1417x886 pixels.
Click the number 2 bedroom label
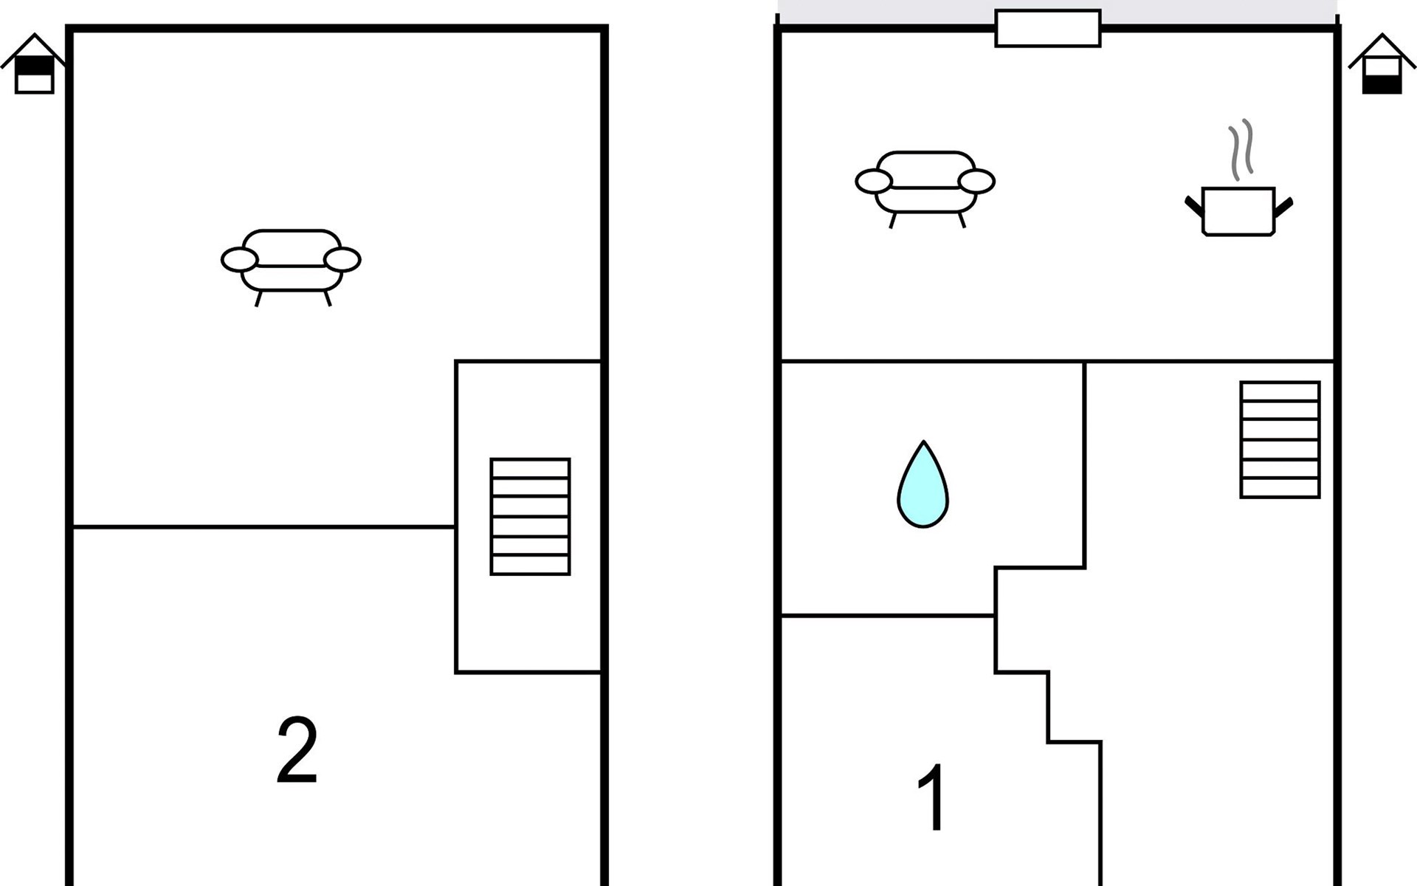297,750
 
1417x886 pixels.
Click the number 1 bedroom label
932,797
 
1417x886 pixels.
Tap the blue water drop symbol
923,485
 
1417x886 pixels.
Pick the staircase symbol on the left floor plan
530,516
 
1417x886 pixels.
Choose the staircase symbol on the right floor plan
1280,439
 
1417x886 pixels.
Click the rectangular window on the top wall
1048,28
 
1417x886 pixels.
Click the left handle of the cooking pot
1194,206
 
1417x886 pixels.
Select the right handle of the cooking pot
1284,206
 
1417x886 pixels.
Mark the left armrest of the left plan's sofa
239,260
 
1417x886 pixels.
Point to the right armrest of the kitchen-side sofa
976,181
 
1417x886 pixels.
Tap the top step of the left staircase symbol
530,468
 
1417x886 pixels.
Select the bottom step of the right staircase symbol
1280,488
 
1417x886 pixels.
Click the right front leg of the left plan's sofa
327,298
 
